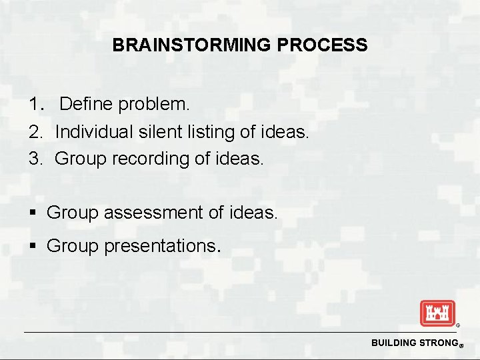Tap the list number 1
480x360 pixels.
click(35, 105)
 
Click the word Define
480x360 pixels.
click(86, 105)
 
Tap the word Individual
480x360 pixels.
click(93, 132)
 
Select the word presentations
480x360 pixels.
click(161, 246)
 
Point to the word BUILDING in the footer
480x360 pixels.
click(393, 343)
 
